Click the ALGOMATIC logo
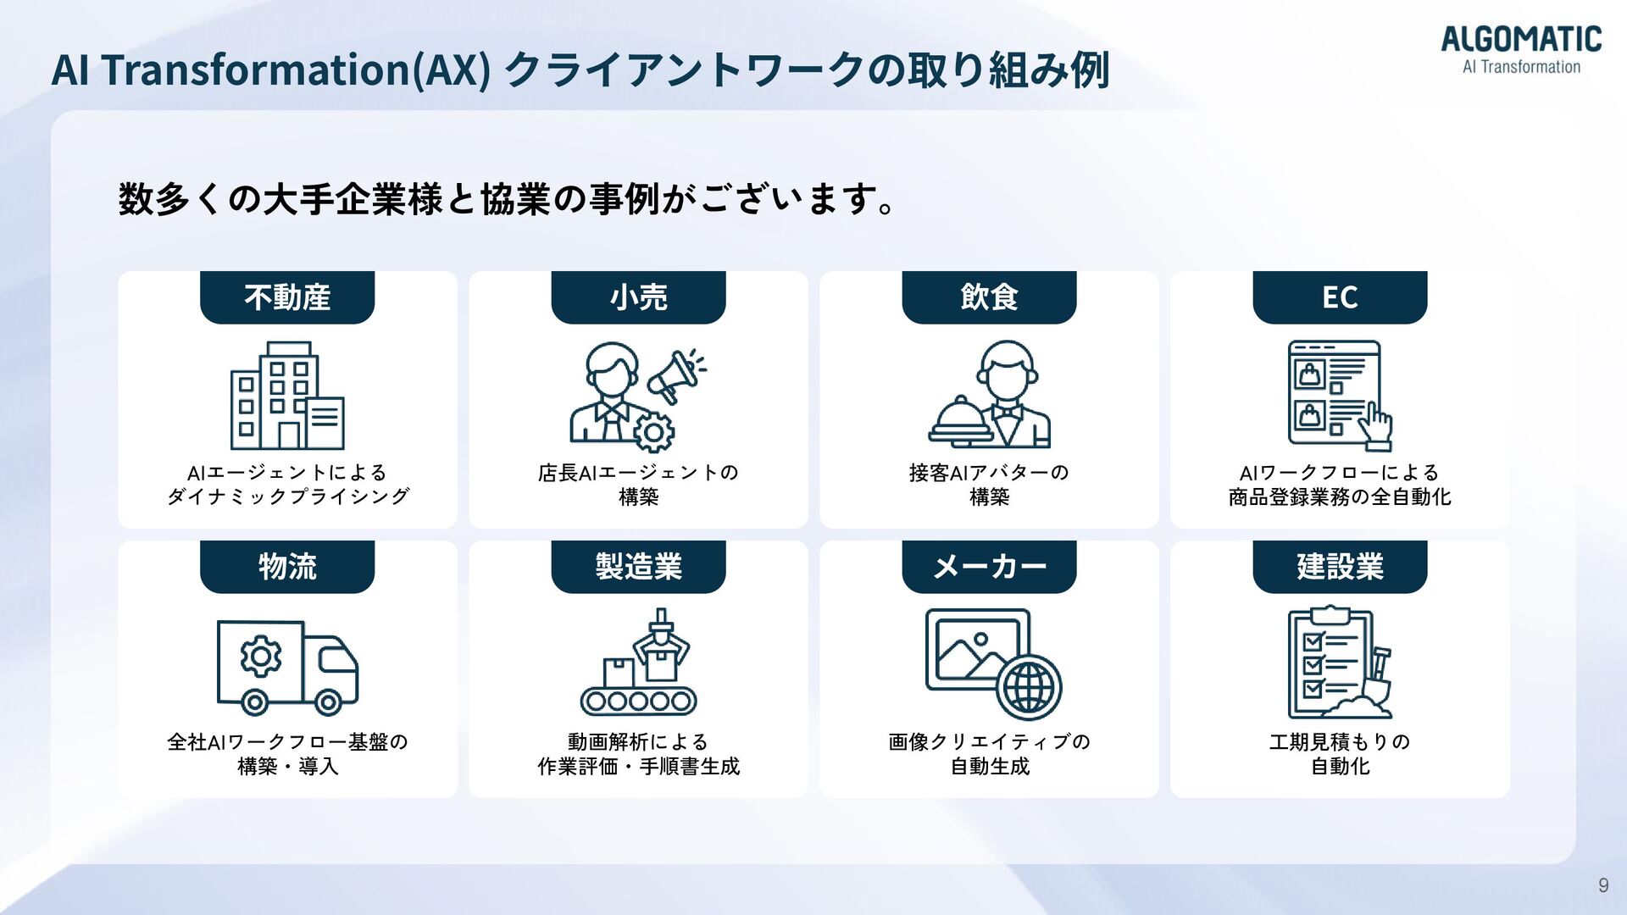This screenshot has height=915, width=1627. (x=1521, y=50)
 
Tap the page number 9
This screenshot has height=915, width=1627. (x=1602, y=885)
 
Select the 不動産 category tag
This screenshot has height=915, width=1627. (x=287, y=297)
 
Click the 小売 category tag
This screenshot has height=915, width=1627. (x=638, y=297)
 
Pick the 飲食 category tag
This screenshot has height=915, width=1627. (x=989, y=297)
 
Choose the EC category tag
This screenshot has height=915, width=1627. (x=1340, y=297)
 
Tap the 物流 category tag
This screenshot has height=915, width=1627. (x=287, y=566)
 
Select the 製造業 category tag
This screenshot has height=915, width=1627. (x=638, y=566)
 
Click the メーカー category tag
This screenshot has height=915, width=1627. (x=989, y=566)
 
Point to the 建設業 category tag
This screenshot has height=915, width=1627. (x=1340, y=566)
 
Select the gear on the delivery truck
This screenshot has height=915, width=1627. (x=260, y=656)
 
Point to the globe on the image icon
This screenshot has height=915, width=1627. (x=1029, y=687)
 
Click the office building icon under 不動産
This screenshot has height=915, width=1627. (x=287, y=396)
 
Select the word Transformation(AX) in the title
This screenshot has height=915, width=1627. (x=296, y=69)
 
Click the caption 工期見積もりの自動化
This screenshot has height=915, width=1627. (x=1340, y=753)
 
